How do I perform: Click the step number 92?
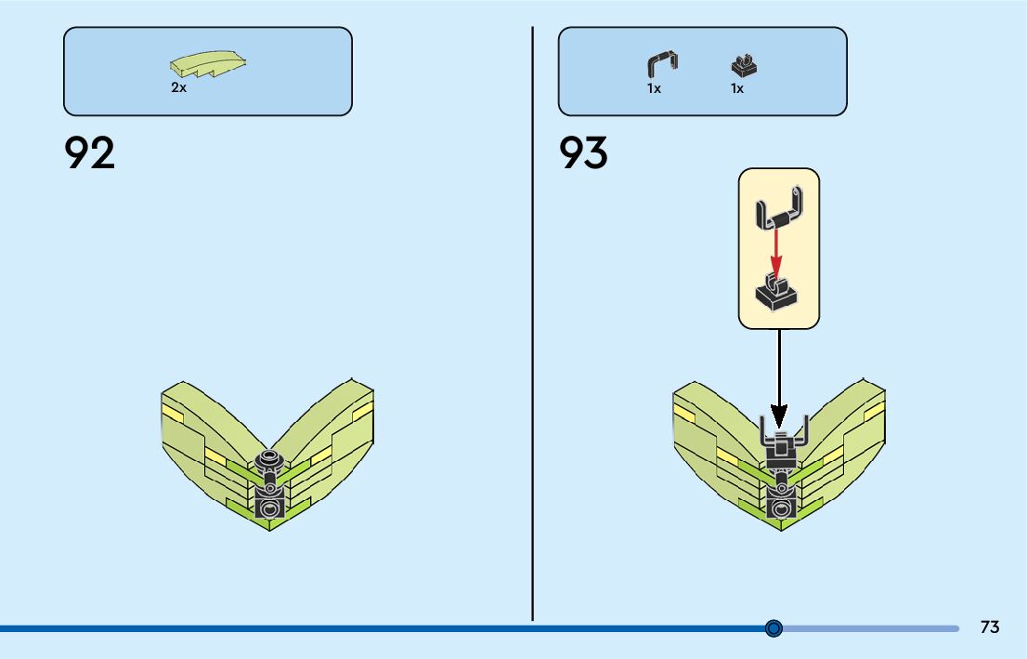[x=90, y=153]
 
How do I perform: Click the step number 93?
[x=583, y=153]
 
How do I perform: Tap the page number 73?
[x=990, y=627]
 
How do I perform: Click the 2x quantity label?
[x=178, y=88]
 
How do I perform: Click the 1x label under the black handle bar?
[x=654, y=89]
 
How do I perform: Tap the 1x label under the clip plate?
[x=736, y=89]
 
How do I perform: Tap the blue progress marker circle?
[x=773, y=628]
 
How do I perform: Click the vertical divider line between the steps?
[x=532, y=325]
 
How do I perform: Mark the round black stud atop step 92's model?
[x=270, y=459]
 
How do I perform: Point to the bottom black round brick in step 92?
[x=270, y=507]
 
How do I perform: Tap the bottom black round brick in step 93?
[x=780, y=507]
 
